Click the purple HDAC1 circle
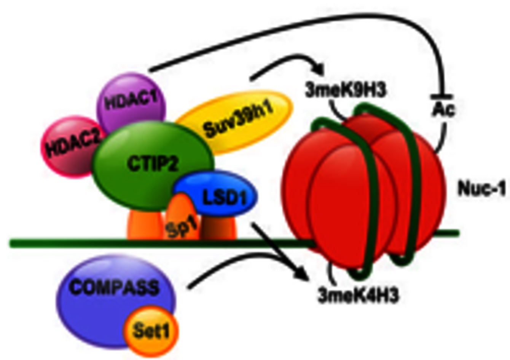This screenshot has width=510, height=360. point(131,101)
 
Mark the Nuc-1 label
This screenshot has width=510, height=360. point(481,189)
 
